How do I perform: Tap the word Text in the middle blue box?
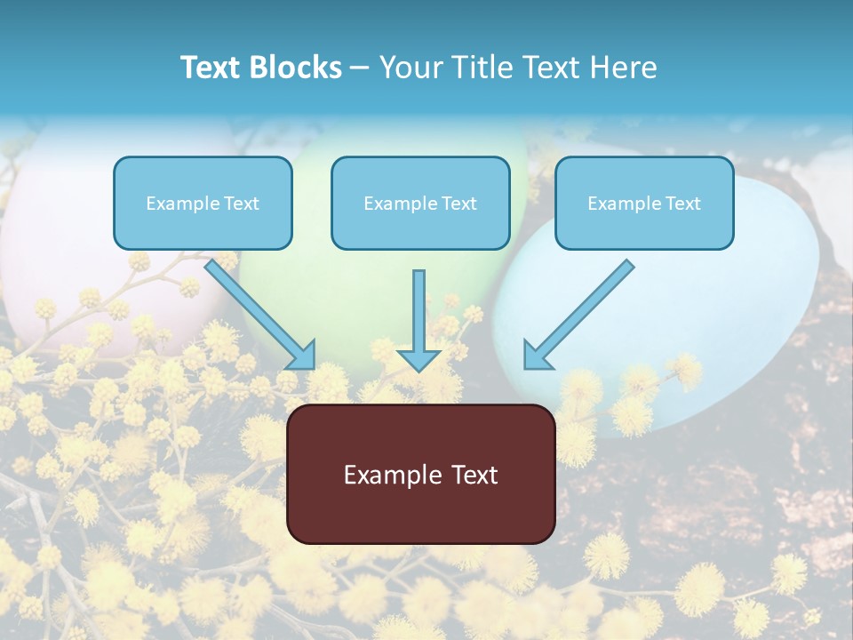coord(458,204)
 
